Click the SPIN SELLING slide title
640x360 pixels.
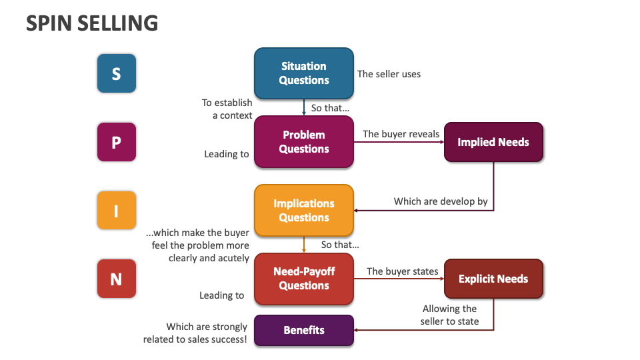point(92,23)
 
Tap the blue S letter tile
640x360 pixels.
point(116,73)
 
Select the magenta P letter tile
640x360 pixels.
point(116,142)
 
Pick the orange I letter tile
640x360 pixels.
point(116,211)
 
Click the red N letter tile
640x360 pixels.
point(116,279)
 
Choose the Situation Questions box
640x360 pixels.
point(304,73)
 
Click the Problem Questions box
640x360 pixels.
point(304,142)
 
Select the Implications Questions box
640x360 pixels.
point(304,211)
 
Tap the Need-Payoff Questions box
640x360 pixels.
point(304,279)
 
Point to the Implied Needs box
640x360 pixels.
point(493,142)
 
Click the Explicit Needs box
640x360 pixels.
point(493,279)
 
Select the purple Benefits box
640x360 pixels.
point(304,330)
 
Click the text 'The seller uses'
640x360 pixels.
point(389,74)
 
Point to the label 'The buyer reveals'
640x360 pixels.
point(401,134)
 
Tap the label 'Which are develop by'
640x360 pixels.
point(441,201)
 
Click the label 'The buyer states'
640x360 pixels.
point(403,271)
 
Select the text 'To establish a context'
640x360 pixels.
point(227,109)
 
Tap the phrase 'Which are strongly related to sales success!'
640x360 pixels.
point(195,333)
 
